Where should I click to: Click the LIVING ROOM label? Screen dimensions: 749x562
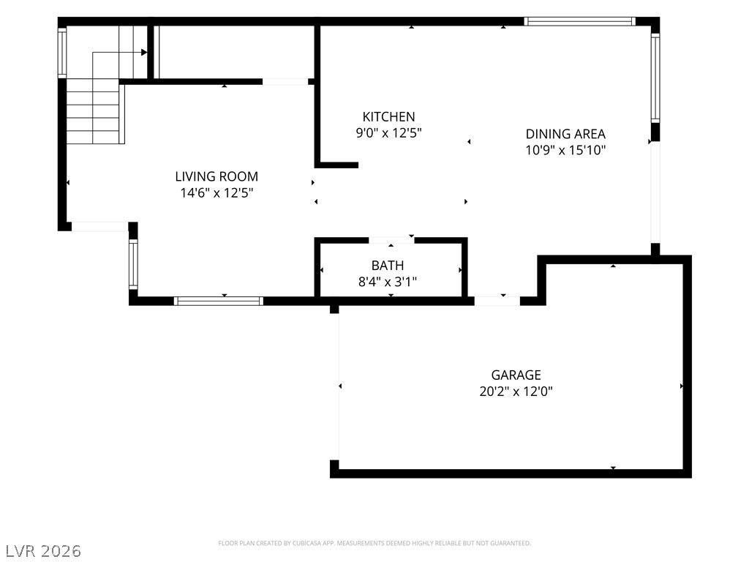point(217,176)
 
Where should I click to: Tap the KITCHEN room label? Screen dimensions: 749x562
point(389,116)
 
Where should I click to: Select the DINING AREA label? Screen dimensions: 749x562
point(565,134)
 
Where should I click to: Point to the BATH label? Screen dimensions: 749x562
point(388,265)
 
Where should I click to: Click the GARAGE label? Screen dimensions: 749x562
point(516,375)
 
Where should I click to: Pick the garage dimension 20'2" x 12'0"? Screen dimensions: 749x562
point(516,391)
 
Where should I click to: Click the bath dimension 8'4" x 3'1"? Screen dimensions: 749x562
point(388,282)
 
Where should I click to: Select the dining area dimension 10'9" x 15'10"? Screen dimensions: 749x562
point(565,150)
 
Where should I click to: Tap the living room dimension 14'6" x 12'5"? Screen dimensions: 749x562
point(217,193)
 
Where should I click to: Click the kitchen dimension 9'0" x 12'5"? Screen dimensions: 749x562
point(389,133)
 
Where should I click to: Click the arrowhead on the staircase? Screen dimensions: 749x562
point(144,53)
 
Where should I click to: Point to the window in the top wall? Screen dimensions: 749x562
point(579,21)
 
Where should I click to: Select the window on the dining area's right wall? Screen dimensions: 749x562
point(655,78)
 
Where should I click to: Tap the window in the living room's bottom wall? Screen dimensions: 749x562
point(218,301)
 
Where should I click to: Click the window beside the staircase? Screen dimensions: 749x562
point(62,53)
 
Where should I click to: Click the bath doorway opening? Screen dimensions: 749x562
point(391,240)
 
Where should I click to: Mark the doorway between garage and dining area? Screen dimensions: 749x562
point(497,301)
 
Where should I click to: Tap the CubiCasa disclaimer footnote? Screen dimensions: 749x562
point(374,544)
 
